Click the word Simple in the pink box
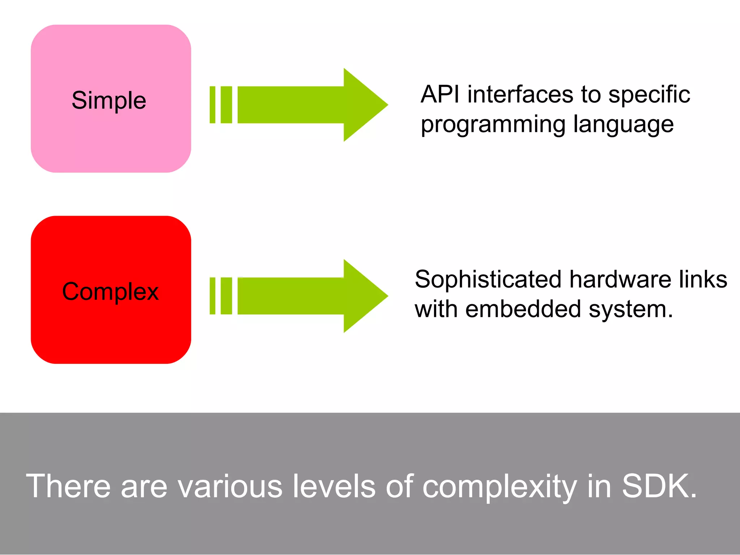tap(109, 100)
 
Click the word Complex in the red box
tap(110, 292)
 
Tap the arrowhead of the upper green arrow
tap(363, 105)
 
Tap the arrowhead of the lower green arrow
tap(363, 296)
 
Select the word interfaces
tap(520, 95)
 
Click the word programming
tap(493, 125)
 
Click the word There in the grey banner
tap(68, 486)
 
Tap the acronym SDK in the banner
tap(655, 486)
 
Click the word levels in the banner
tap(334, 486)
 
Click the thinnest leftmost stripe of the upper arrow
tap(212, 105)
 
